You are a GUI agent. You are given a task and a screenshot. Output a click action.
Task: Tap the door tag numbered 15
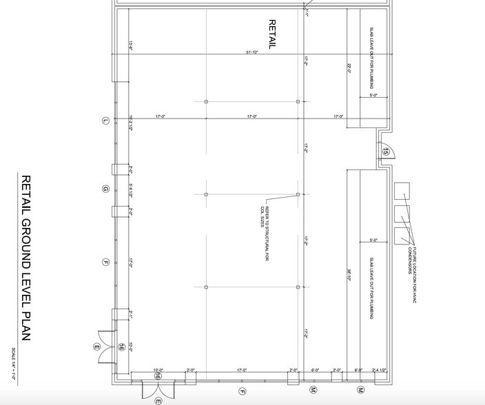tap(386, 152)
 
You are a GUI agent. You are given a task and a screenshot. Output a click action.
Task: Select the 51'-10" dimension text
tap(251, 52)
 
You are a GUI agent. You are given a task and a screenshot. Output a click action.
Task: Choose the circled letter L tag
tap(105, 121)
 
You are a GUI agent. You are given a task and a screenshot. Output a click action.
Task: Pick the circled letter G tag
tap(105, 188)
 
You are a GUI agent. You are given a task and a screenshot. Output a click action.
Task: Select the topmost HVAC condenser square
tap(401, 190)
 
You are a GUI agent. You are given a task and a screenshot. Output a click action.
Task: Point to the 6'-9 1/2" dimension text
tap(130, 189)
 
